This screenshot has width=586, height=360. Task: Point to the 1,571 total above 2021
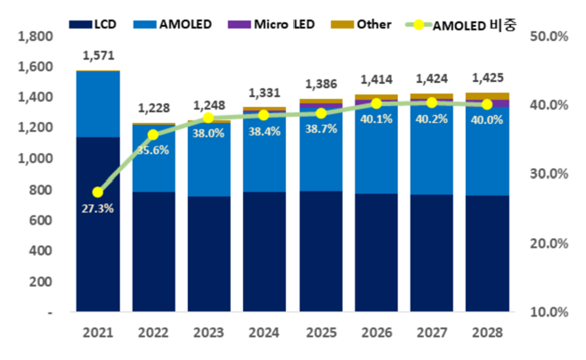[98, 55]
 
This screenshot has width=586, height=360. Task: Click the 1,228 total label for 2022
[154, 109]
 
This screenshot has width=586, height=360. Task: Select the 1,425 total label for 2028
[486, 77]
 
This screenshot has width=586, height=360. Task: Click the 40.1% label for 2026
[376, 119]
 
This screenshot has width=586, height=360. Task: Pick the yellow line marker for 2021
[98, 192]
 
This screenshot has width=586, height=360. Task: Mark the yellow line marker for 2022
[153, 135]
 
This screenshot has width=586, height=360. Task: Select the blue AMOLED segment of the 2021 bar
[98, 103]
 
